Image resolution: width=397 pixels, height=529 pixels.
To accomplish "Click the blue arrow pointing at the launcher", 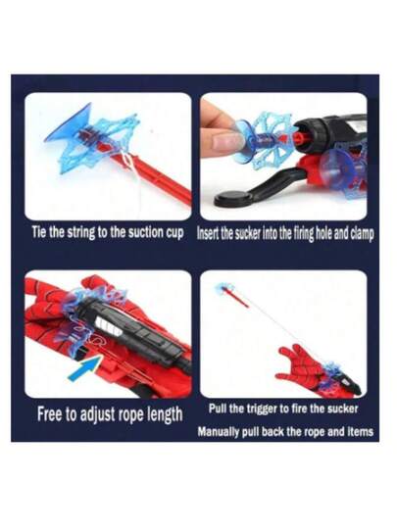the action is pos(85,368).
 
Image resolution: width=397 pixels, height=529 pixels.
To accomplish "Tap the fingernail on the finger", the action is pos(226,141).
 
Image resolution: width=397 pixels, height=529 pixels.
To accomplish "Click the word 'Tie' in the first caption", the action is pos(39,232).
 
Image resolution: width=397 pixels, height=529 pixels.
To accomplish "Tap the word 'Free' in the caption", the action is pos(50,414).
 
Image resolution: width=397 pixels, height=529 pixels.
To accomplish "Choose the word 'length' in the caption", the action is pos(165,415).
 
